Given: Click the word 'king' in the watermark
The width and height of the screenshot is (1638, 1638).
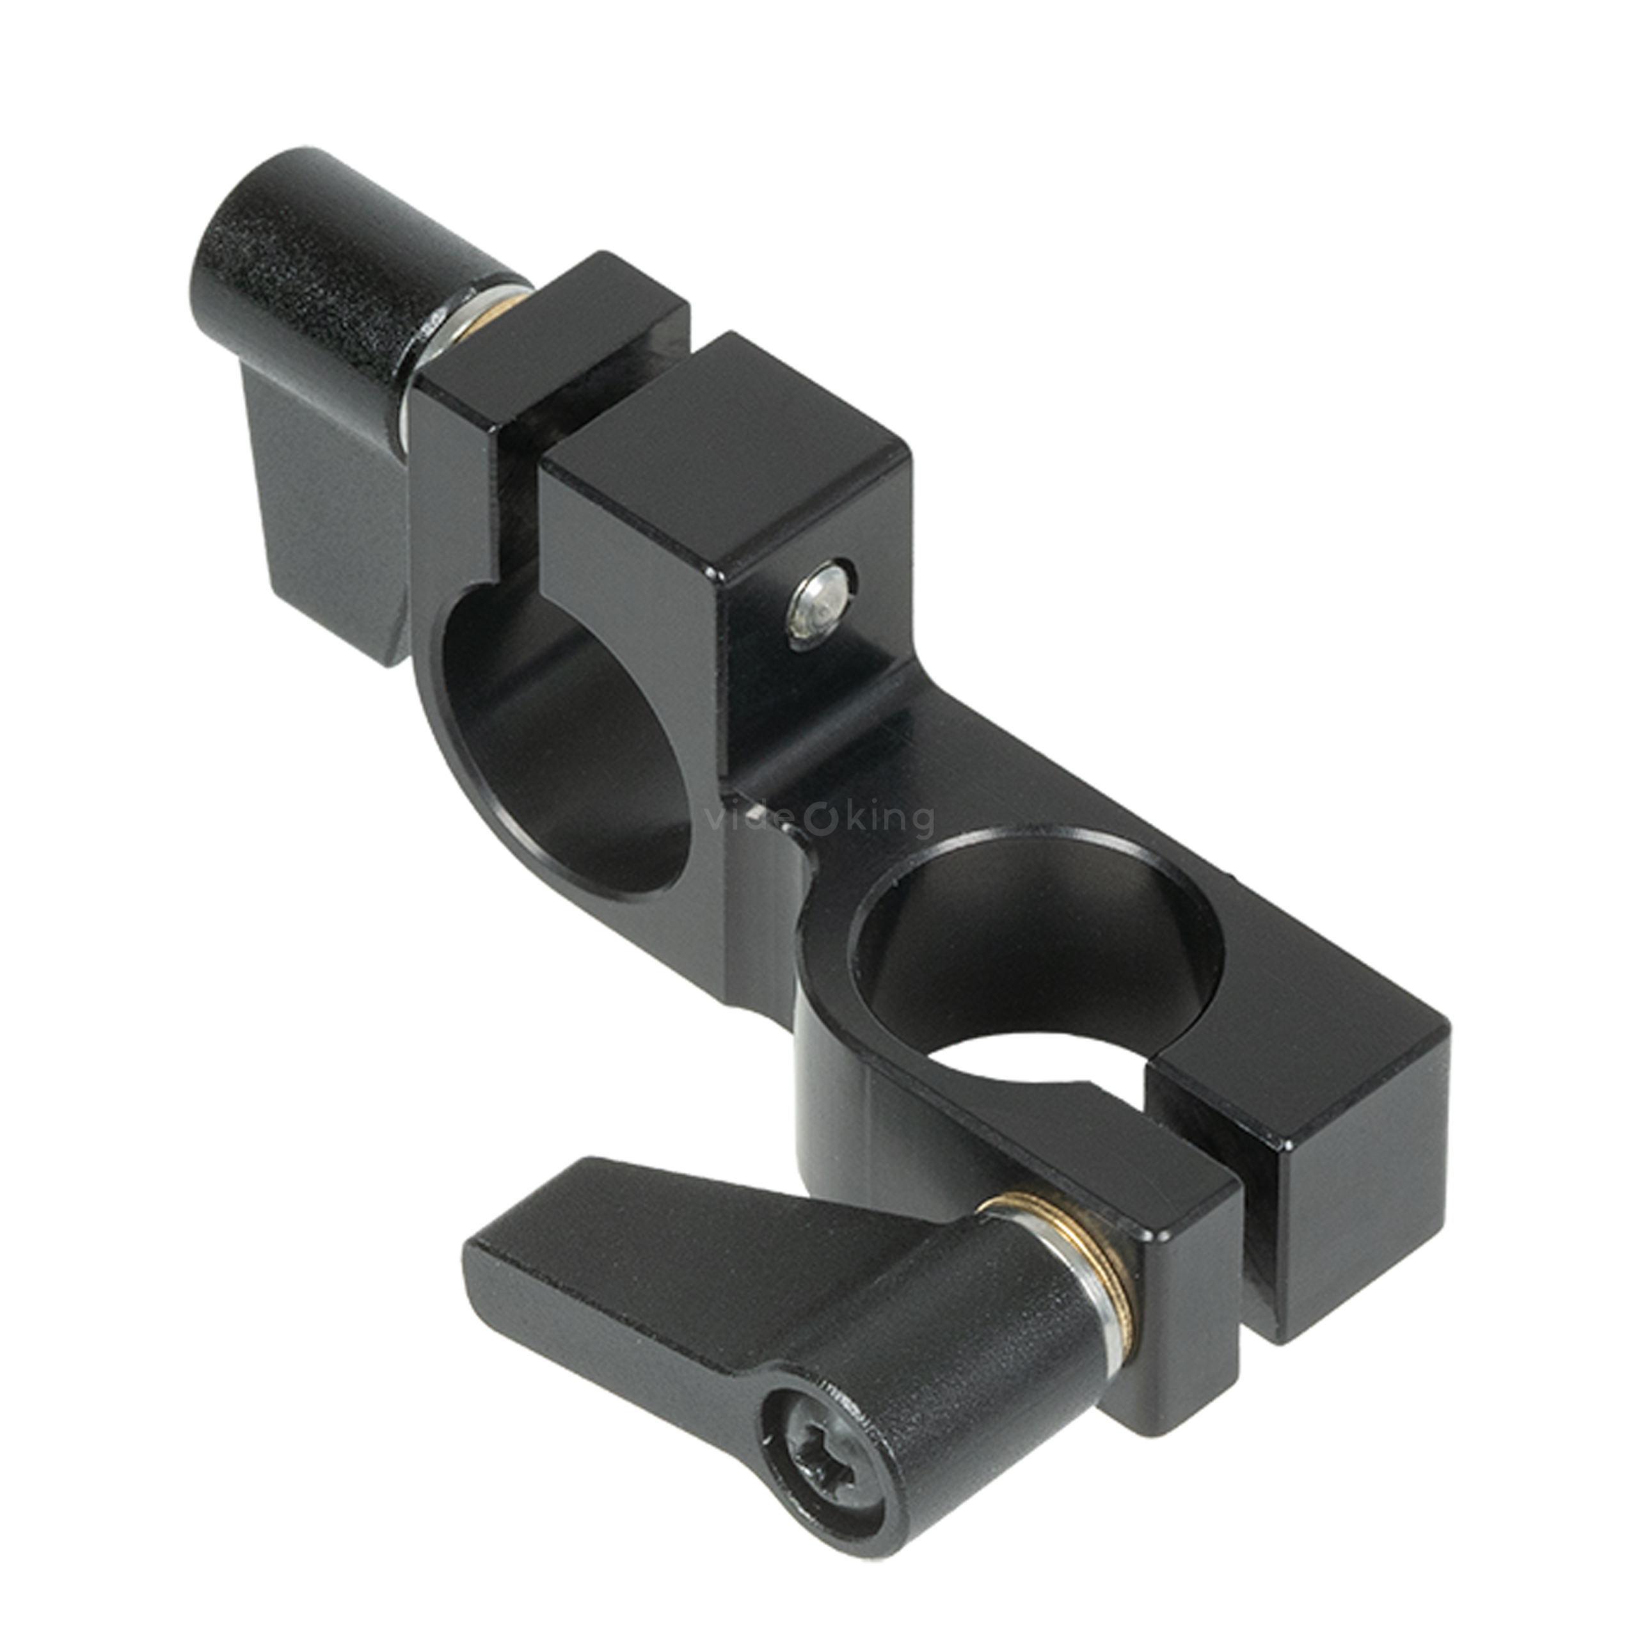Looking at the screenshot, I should [x=887, y=820].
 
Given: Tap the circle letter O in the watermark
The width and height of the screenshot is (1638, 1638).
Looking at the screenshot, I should [x=816, y=820].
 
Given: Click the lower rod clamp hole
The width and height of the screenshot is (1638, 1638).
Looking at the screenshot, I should [x=1035, y=941].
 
